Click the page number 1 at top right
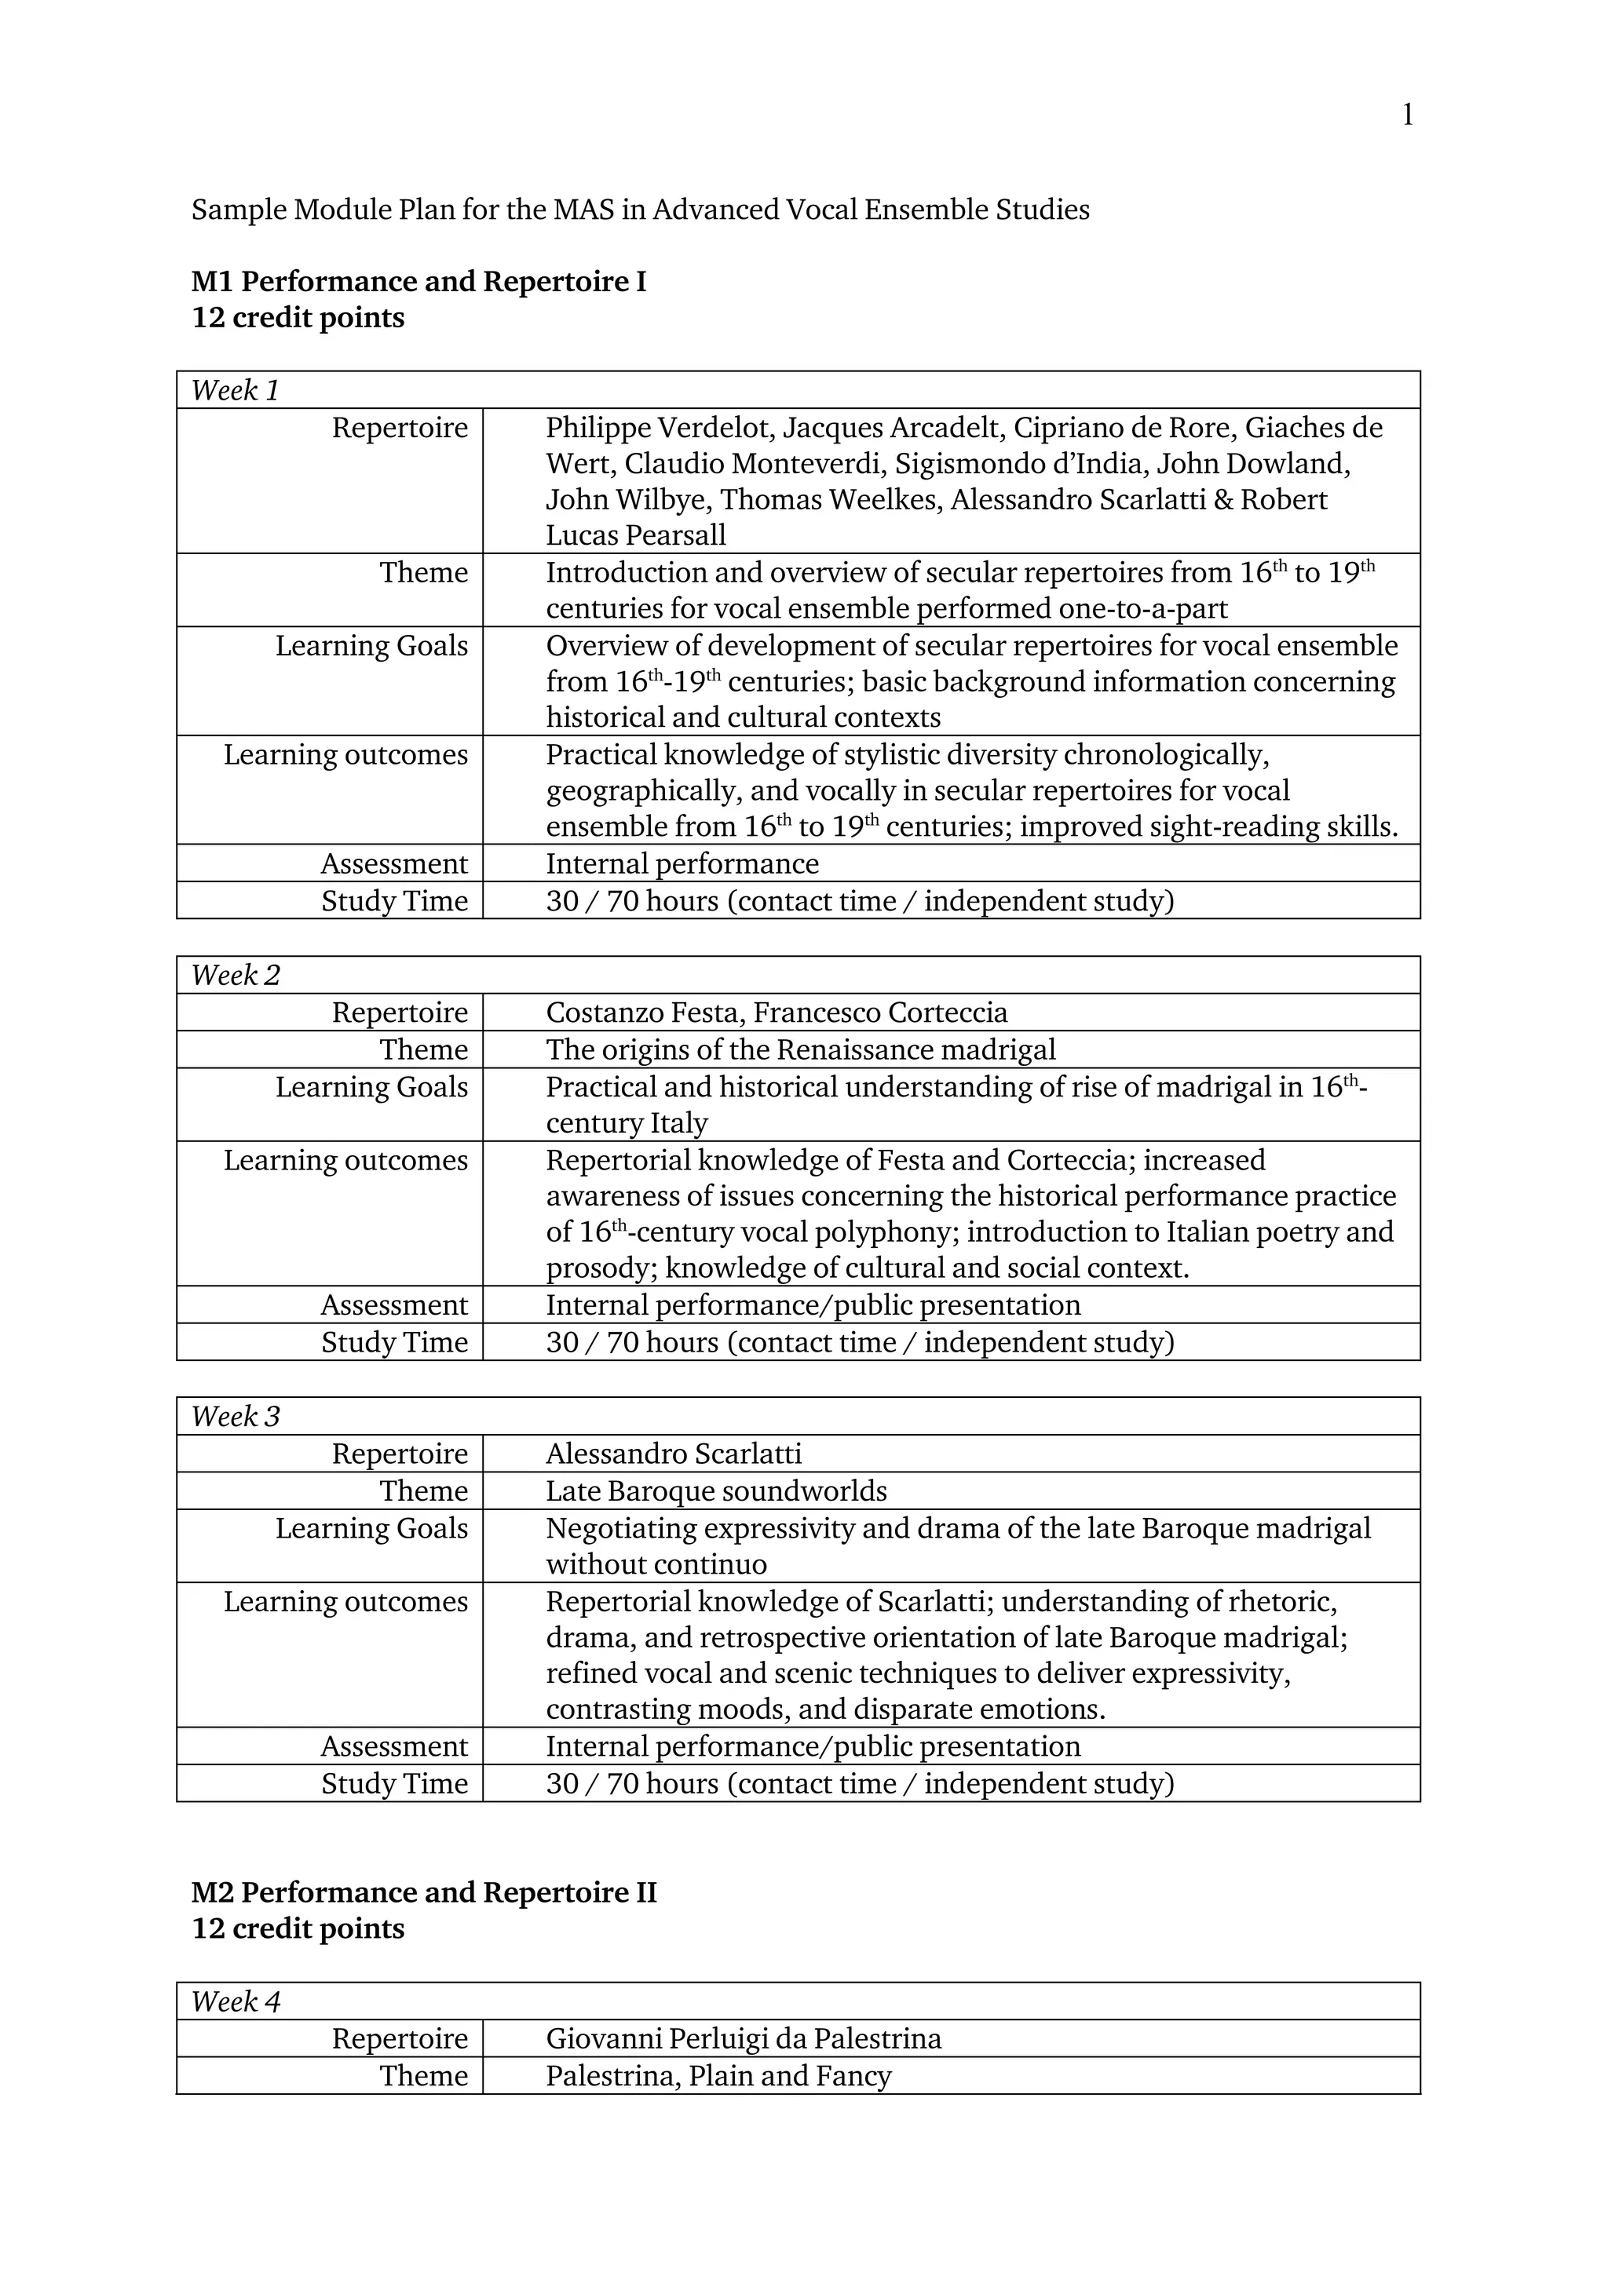pos(1407,116)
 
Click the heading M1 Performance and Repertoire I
pos(418,282)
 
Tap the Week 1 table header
pos(236,390)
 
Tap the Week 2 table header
pos(236,975)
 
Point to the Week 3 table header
pos(236,1416)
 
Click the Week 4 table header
pos(236,2001)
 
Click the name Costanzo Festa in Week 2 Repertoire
pos(645,1012)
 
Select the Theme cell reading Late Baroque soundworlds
pos(716,1491)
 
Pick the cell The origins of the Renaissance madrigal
pos(800,1049)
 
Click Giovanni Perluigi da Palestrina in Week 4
pos(743,2038)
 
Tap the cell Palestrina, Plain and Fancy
pos(718,2076)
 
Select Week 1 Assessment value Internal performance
pos(682,864)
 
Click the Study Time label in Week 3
pos(394,1784)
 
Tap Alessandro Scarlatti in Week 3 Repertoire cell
pos(674,1454)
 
